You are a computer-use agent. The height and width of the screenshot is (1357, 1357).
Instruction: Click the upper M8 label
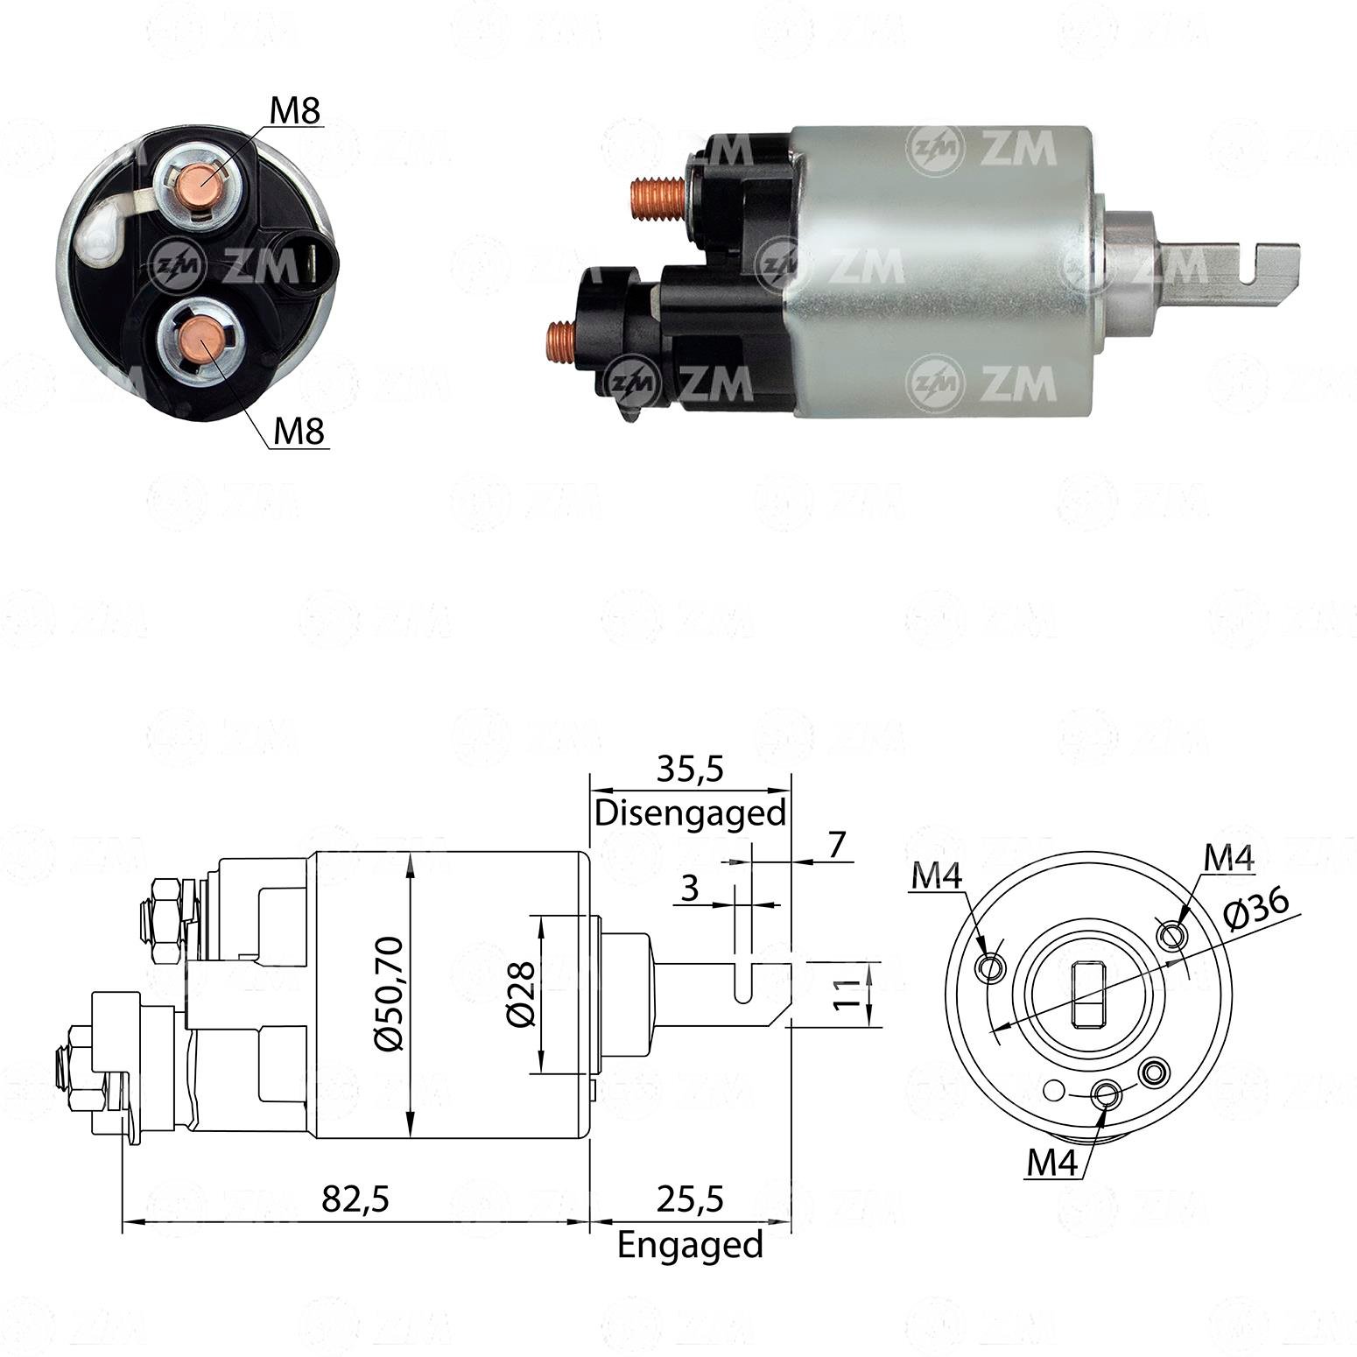tap(294, 111)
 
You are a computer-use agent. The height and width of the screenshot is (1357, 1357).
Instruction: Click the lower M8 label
tap(299, 431)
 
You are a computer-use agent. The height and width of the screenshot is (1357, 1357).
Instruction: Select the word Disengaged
tap(690, 813)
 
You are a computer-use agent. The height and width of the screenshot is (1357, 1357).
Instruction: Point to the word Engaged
tap(690, 1244)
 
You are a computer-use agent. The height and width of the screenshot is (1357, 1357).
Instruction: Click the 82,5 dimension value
tap(355, 1199)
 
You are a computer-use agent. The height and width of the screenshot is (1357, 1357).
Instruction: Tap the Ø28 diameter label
tap(521, 994)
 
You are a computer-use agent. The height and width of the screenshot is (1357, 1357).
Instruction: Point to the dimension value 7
tap(837, 845)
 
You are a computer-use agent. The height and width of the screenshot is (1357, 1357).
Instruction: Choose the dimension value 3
tap(690, 889)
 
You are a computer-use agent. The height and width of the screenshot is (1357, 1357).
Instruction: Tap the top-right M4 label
tap(1228, 859)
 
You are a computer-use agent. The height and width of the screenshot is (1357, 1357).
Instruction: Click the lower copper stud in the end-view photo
tap(200, 341)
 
